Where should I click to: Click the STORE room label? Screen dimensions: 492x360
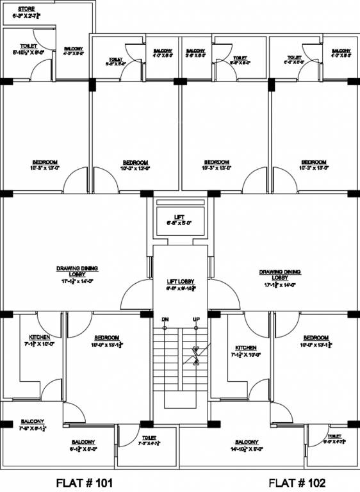[x=26, y=8]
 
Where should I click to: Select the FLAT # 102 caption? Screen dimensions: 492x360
[x=297, y=482]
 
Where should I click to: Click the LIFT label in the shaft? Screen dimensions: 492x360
[x=179, y=217]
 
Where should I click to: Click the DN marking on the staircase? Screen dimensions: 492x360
[x=165, y=319]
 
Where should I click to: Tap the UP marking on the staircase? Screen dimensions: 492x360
[x=196, y=319]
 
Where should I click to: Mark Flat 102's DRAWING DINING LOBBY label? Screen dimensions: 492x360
[x=280, y=272]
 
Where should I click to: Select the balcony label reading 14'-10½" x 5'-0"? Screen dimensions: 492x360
[x=247, y=443]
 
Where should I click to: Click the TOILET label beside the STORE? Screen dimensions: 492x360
[x=28, y=46]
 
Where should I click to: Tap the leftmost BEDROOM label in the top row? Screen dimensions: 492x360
[x=45, y=161]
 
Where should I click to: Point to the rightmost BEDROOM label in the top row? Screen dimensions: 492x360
[x=314, y=161]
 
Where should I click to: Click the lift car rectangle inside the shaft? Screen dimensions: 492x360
[x=180, y=221]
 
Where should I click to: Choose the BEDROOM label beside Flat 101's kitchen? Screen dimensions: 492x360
[x=106, y=338]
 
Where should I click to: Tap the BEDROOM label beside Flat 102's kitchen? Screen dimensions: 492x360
[x=315, y=338]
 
